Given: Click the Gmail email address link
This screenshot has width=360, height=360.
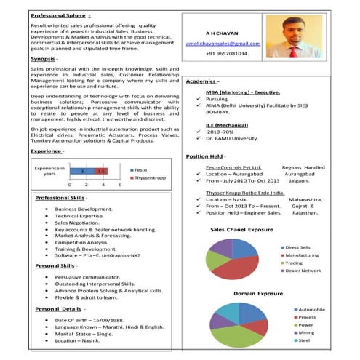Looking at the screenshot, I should tap(222, 44).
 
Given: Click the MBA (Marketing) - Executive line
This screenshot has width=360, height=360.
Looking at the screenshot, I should tap(242, 93).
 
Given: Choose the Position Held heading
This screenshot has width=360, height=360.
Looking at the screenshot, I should tap(210, 156).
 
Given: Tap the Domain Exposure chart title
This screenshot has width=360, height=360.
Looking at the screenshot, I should tap(259, 293).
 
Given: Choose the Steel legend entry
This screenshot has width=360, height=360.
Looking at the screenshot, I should tap(303, 340).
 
